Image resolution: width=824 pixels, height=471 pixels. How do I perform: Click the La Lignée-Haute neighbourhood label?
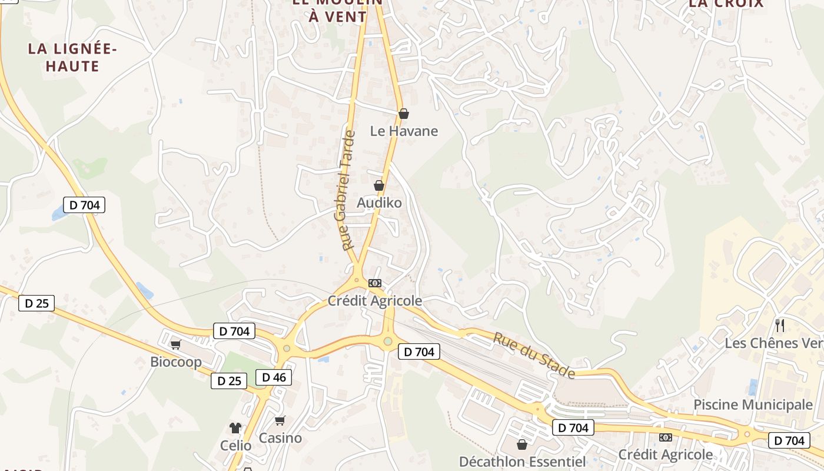[x=72, y=57]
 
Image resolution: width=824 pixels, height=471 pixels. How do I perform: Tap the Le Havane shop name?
[x=404, y=131]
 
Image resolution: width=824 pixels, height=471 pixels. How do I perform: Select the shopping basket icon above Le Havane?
[x=404, y=114]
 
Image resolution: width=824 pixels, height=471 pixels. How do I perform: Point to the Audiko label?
[x=379, y=203]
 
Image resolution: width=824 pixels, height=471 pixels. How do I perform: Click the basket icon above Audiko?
[x=379, y=185]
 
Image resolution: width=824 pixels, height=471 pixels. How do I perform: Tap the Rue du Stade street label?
[x=533, y=356]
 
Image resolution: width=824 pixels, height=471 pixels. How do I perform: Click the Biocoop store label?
[x=176, y=361]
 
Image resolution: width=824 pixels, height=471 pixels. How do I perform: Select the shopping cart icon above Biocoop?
[x=175, y=344]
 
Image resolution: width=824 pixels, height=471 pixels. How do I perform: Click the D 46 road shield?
[x=274, y=377]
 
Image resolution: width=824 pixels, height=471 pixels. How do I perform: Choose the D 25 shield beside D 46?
[x=229, y=381]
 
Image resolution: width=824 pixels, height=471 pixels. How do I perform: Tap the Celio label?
[x=235, y=445]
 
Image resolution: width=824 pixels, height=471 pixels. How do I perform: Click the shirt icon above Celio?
[x=235, y=428]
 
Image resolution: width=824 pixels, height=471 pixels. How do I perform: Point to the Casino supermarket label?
[x=280, y=438]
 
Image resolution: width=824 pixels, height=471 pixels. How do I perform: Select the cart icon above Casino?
[x=280, y=420]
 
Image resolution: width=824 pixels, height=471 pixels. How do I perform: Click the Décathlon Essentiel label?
[x=522, y=461]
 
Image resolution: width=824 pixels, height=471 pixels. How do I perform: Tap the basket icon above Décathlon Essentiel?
[x=521, y=445]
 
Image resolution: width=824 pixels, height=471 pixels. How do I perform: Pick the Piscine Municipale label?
[x=753, y=404]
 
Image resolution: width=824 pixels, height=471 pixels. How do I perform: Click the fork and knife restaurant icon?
[x=780, y=326]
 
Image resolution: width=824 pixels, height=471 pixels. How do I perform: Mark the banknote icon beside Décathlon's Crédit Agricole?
[x=666, y=437]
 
